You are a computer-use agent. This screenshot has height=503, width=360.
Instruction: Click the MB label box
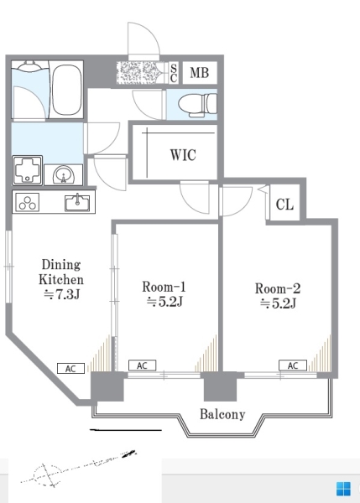click(200, 73)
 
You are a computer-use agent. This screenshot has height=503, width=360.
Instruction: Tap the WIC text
click(183, 155)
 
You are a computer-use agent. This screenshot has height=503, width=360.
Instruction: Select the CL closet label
click(284, 204)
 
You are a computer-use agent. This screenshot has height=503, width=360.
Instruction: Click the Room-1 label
click(164, 287)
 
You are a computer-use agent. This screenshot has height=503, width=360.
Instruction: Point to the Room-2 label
click(278, 288)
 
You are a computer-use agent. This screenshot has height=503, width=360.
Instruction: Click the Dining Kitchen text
click(61, 272)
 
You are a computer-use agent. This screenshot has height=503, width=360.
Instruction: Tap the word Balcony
click(222, 414)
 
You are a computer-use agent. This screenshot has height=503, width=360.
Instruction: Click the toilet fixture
click(197, 105)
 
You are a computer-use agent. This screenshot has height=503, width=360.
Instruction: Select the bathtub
click(66, 90)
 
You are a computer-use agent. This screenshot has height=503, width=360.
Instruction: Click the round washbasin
click(64, 175)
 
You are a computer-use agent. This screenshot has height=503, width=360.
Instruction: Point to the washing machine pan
click(28, 170)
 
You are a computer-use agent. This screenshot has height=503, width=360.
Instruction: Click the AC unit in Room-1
click(143, 366)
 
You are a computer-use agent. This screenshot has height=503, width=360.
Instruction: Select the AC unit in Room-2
click(293, 366)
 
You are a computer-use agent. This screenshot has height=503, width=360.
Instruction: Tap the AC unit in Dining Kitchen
click(70, 369)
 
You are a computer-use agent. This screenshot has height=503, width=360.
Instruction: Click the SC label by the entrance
click(174, 73)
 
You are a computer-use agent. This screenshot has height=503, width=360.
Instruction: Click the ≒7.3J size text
click(61, 294)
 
